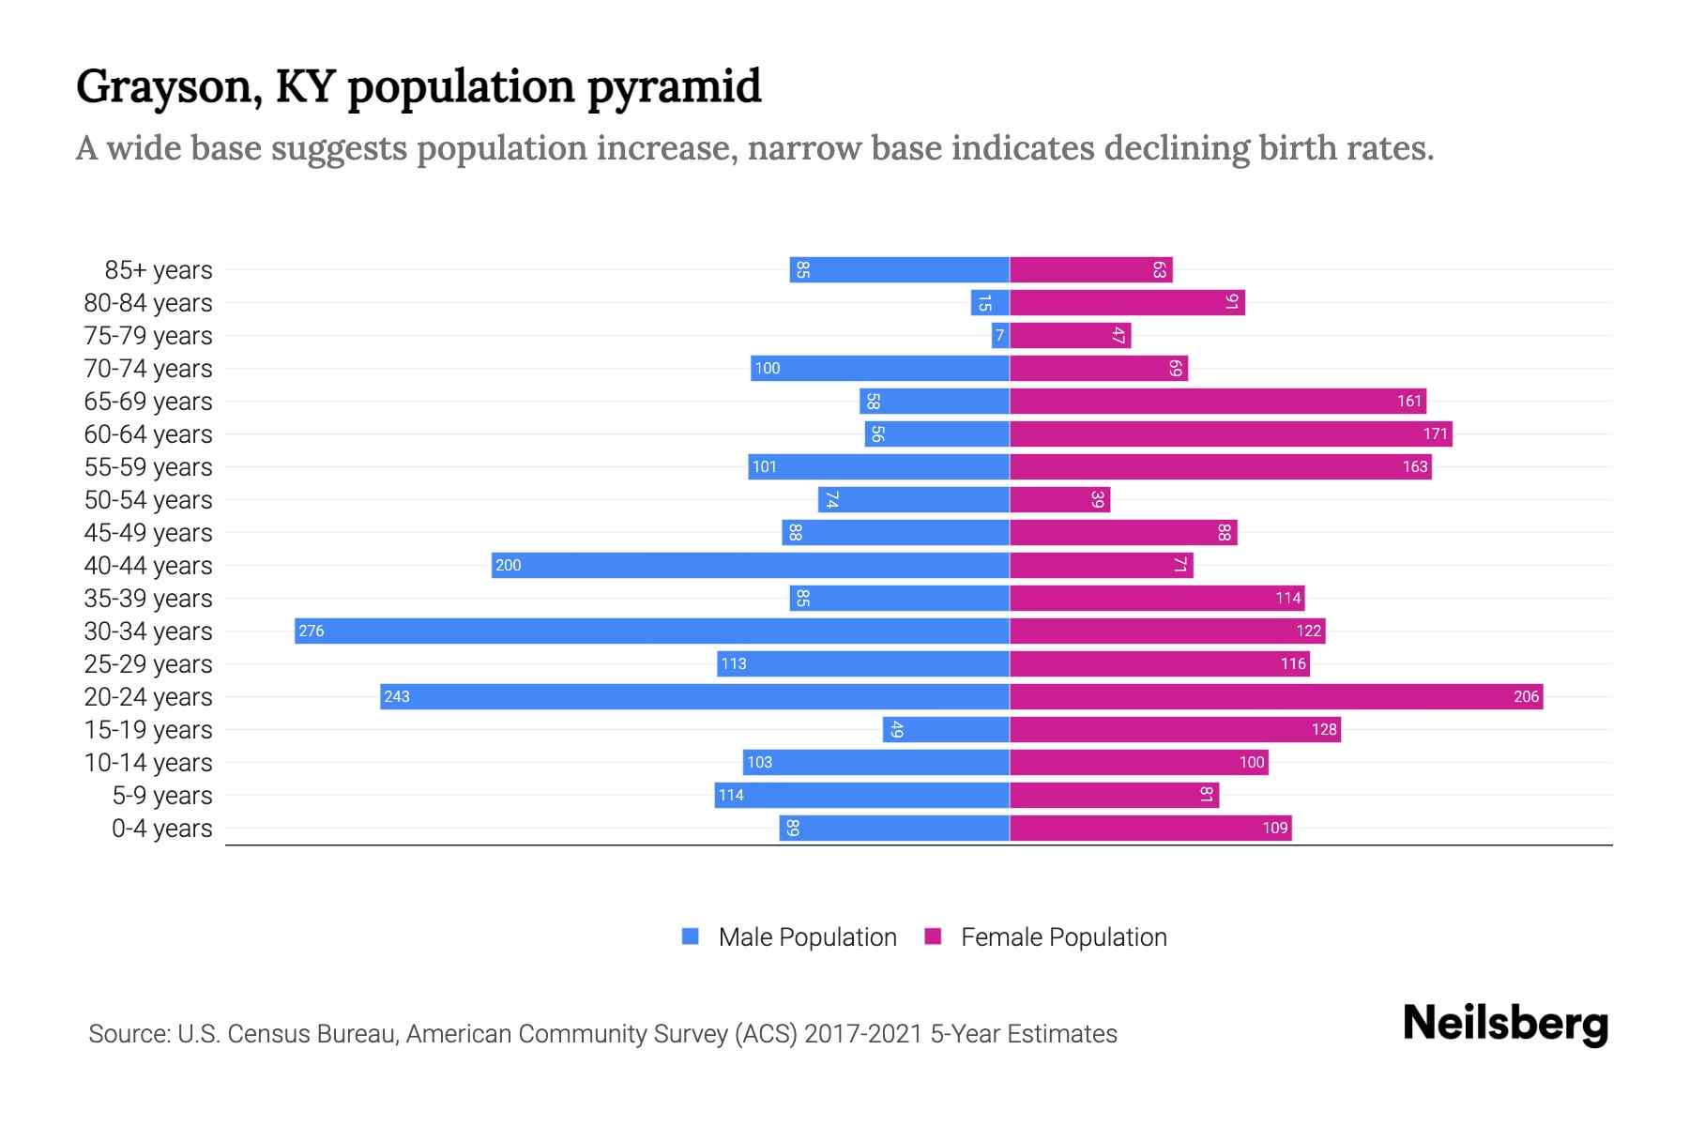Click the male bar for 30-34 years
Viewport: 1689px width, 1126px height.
click(x=652, y=631)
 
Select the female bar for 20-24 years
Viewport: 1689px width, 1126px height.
click(x=1276, y=696)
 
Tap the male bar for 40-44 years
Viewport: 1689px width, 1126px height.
click(x=751, y=565)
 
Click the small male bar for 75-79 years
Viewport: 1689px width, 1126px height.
click(x=1000, y=335)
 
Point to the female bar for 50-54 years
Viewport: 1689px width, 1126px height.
click(x=1060, y=499)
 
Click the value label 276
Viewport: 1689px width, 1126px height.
click(x=312, y=631)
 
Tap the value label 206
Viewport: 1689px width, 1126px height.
click(x=1526, y=696)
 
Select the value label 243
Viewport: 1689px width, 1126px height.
click(x=397, y=696)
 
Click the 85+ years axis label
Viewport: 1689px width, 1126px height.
click(x=159, y=270)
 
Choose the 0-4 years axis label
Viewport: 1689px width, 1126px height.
click(x=161, y=829)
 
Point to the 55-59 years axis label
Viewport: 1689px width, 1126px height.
click(x=148, y=467)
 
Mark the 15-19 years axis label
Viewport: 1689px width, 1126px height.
click(x=148, y=730)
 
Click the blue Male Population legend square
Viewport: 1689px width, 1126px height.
click(x=691, y=936)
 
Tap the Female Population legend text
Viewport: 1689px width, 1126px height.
click(x=1063, y=937)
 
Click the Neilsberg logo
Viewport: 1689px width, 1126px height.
click(x=1505, y=1024)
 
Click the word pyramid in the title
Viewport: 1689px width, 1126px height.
click(x=674, y=88)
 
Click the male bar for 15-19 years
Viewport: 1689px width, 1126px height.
click(x=946, y=729)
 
